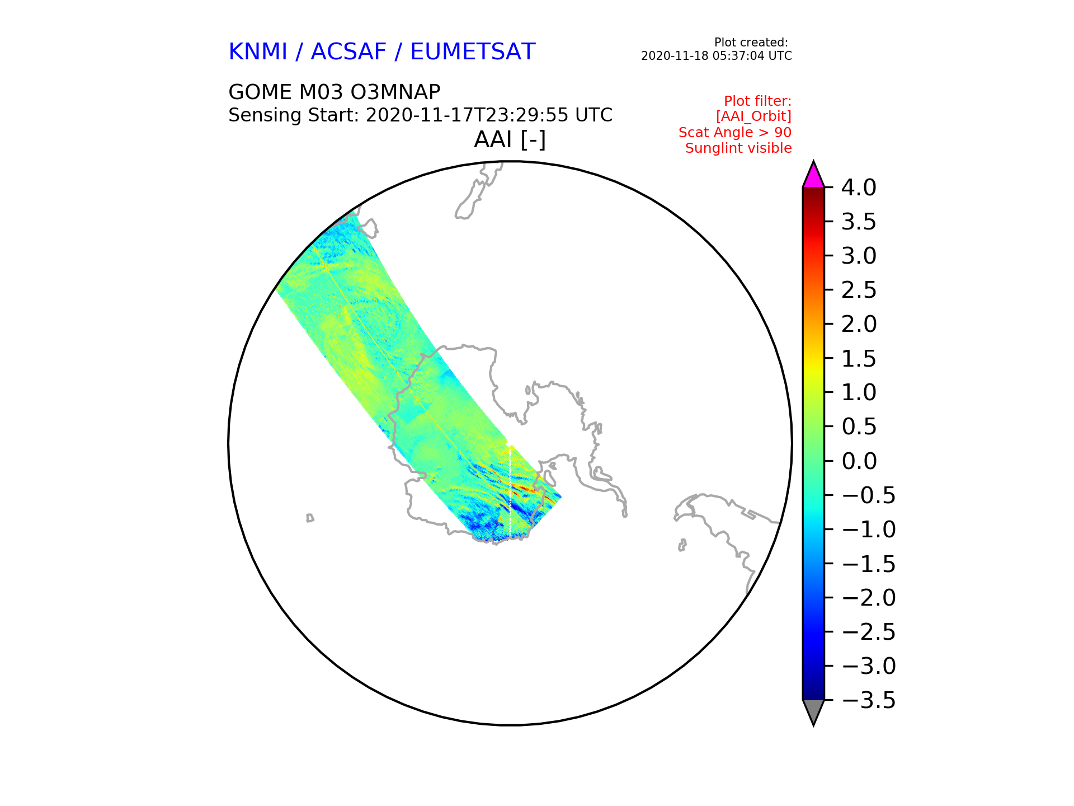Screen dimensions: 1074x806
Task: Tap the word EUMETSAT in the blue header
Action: pos(473,52)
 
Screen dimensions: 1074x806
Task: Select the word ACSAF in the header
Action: pos(348,52)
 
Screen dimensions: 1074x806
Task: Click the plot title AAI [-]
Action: pos(510,139)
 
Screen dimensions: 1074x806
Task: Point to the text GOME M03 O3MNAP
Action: pos(335,92)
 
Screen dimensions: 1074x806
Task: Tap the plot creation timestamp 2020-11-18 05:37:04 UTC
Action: pos(717,56)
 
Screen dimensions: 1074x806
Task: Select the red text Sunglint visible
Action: pos(738,148)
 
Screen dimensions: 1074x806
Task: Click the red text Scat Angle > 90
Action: pos(735,133)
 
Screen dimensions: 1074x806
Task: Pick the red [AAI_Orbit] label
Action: pos(753,116)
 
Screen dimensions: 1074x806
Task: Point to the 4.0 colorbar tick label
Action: pos(859,188)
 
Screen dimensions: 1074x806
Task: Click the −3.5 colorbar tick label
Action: pos(869,700)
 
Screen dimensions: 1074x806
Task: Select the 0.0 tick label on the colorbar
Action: pos(859,461)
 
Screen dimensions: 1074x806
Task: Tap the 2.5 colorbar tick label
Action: pos(859,290)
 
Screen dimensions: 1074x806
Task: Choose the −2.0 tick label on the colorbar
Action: pos(869,598)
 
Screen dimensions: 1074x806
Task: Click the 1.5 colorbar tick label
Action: pos(859,359)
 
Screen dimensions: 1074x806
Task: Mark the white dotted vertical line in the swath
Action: pos(510,488)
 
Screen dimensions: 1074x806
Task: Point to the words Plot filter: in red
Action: pos(757,101)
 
